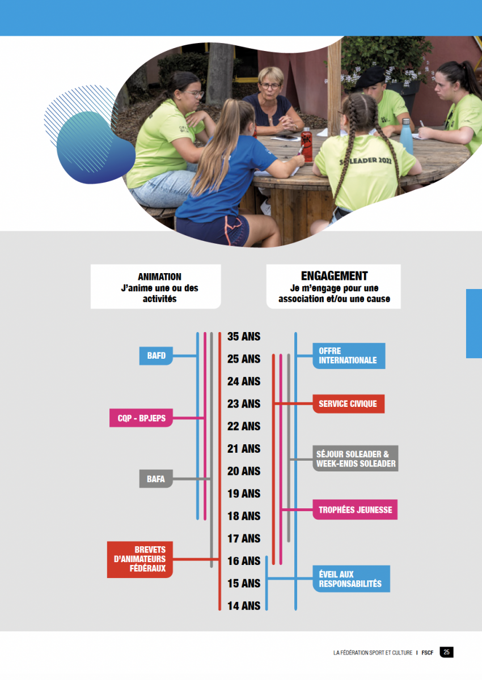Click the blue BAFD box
[x=156, y=355]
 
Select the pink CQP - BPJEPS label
[x=141, y=418]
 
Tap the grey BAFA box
[x=156, y=479]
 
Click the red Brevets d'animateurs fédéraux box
[x=140, y=559]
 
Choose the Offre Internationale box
[x=349, y=356]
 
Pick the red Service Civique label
[x=349, y=403]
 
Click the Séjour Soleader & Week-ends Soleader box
[x=356, y=458]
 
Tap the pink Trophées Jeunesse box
[x=355, y=509]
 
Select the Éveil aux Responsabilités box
[x=352, y=579]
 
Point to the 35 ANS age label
[x=244, y=337]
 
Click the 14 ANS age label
[x=244, y=606]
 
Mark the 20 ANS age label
[x=244, y=471]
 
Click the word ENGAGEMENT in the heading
[x=335, y=275]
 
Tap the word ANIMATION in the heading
[x=159, y=277]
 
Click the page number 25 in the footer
[x=446, y=652]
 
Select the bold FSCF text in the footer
[x=428, y=653]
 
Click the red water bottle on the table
[x=306, y=144]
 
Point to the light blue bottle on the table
[x=406, y=137]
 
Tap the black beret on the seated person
[x=370, y=77]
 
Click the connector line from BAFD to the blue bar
[x=185, y=355]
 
